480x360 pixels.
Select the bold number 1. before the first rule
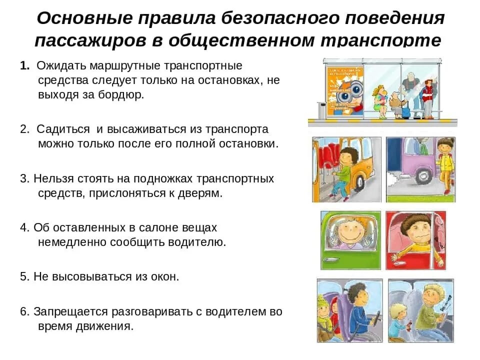[25, 66]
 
